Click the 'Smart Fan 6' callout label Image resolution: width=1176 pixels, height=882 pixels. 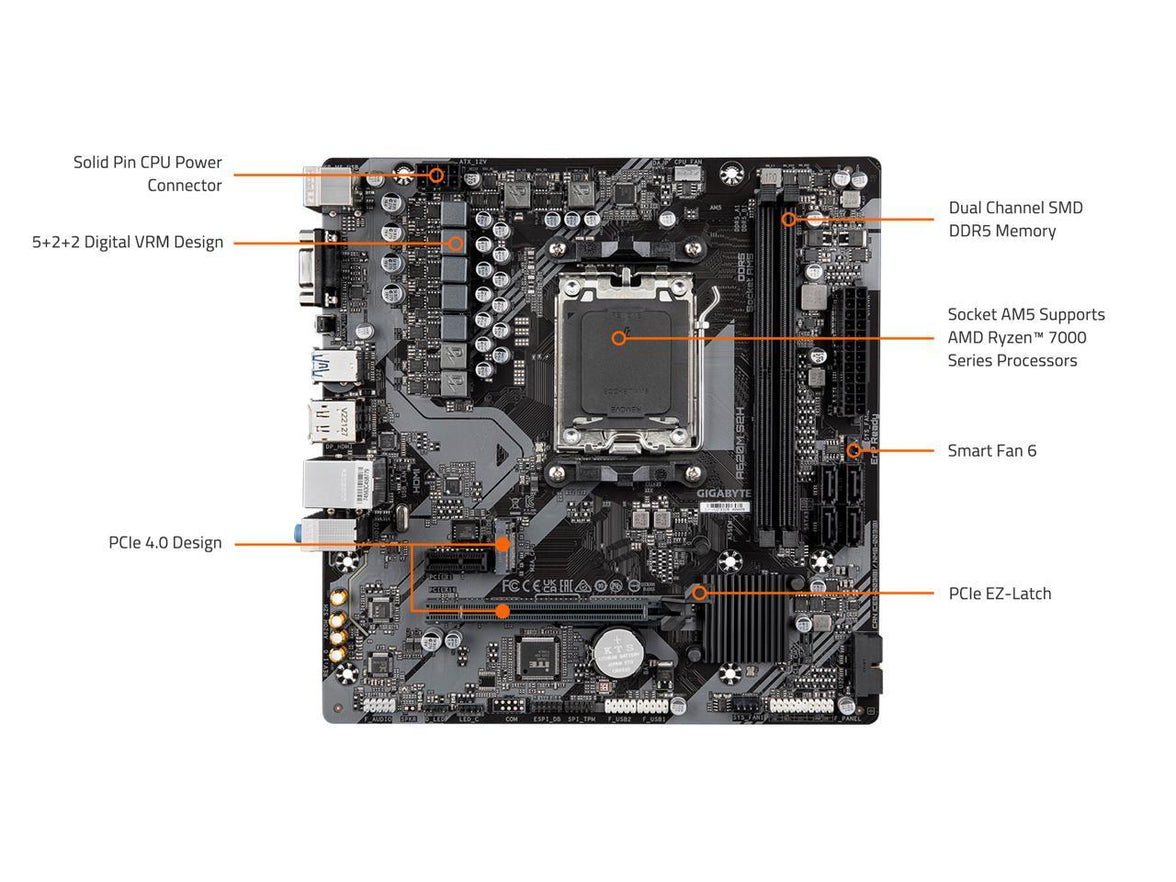(991, 451)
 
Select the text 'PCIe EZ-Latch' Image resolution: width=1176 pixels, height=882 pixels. (999, 594)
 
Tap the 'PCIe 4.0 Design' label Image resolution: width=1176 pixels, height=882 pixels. (165, 543)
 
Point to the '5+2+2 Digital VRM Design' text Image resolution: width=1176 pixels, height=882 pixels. (127, 242)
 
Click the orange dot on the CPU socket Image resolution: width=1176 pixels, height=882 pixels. (619, 338)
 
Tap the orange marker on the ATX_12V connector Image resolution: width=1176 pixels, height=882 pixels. (436, 174)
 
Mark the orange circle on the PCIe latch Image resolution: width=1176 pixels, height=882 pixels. (700, 593)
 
